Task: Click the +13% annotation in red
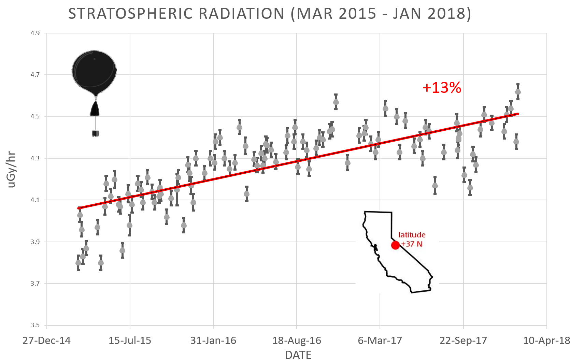coord(442,88)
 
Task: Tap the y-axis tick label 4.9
coord(35,33)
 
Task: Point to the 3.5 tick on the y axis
coord(35,325)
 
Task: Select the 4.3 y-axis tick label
coord(35,158)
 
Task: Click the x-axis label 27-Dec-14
coord(46,341)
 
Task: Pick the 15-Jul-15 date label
coord(130,341)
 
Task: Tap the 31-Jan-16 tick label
coord(213,341)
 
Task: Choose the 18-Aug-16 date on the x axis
coord(297,341)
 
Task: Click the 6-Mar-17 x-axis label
coord(380,341)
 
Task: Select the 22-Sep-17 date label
coord(463,341)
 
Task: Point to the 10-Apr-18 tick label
coord(546,341)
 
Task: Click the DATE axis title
coord(298,355)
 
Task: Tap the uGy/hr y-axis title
coord(12,170)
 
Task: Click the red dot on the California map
coord(395,245)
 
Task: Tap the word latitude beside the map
coord(412,235)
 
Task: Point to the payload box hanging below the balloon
coord(96,133)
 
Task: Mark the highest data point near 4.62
coord(518,92)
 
